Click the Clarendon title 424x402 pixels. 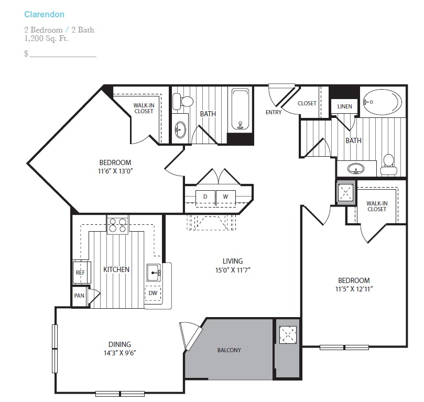tap(45, 14)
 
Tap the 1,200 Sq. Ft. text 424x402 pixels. tap(46, 39)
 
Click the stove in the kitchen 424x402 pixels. tap(117, 225)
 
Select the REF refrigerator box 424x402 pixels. tap(81, 272)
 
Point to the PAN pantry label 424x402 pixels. tap(79, 296)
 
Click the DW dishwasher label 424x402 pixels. tap(153, 293)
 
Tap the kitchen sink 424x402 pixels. tap(154, 273)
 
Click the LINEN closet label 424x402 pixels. tap(345, 106)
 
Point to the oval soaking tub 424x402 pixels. tap(383, 102)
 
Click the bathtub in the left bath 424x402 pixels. tap(240, 110)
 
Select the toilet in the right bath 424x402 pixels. tap(389, 164)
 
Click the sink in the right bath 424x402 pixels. tap(355, 169)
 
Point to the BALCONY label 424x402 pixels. tap(229, 350)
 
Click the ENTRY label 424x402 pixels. tap(274, 112)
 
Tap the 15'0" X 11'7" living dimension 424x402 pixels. tap(233, 270)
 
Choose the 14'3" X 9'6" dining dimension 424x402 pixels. tap(120, 353)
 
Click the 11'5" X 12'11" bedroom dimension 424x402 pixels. tap(354, 289)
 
